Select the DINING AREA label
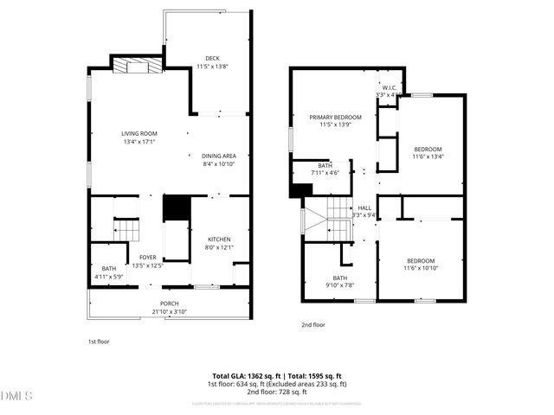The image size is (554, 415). pos(219,155)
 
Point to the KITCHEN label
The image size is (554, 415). pos(218,239)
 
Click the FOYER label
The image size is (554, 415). pos(147,258)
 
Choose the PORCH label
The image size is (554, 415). pos(169,303)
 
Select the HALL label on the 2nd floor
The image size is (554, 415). pos(364,207)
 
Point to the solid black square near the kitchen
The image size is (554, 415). pos(176,207)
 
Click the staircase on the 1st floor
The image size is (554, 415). pos(127,230)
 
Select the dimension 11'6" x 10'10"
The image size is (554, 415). pos(421,269)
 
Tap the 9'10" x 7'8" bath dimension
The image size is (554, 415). pos(338,285)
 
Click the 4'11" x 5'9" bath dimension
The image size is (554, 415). pos(108,277)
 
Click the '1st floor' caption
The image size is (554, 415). pos(99,342)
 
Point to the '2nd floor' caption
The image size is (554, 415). pos(312,325)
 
